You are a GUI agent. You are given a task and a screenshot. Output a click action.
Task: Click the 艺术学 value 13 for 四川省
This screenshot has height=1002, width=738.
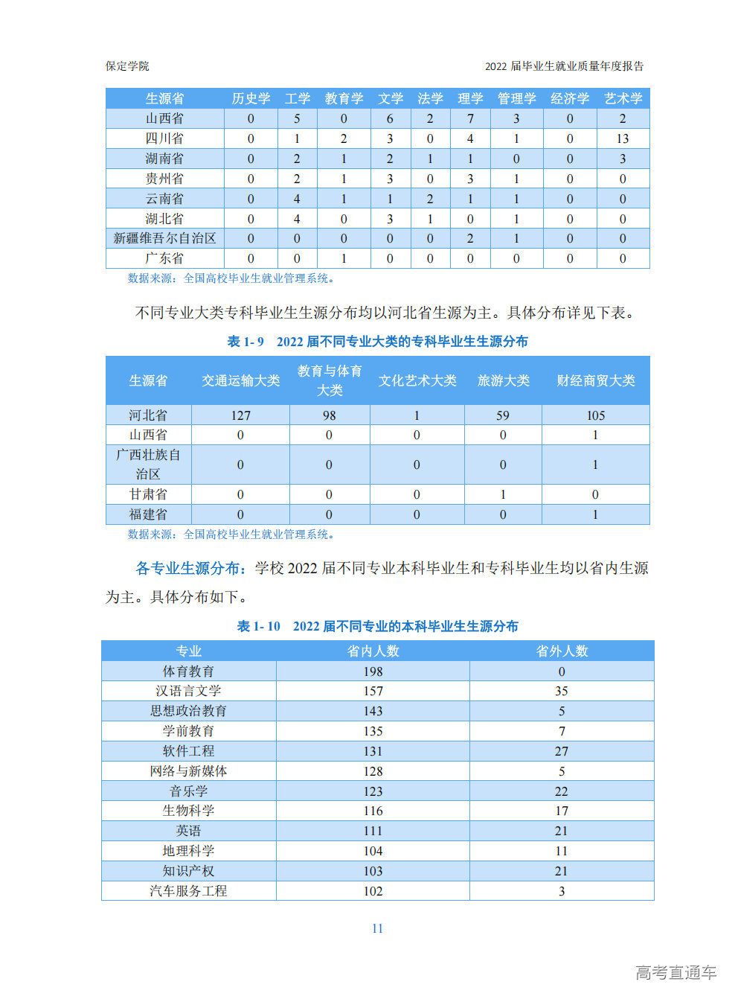(x=623, y=138)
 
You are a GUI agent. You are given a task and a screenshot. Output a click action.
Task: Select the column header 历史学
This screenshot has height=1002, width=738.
(x=251, y=98)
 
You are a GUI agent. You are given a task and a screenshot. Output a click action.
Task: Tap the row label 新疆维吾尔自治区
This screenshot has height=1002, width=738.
(x=164, y=238)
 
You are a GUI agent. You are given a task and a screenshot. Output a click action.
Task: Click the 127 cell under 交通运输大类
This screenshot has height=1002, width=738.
(x=240, y=415)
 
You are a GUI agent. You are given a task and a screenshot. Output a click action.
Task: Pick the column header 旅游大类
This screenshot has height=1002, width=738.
(x=503, y=380)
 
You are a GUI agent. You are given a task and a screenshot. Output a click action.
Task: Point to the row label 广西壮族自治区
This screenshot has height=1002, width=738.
(x=148, y=465)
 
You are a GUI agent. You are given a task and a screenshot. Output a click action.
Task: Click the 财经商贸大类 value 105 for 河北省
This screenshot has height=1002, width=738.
(x=595, y=415)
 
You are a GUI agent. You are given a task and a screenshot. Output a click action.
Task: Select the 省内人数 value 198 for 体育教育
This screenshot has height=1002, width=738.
(x=373, y=671)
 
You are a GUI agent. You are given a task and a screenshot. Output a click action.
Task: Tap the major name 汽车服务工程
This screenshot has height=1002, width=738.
(x=188, y=891)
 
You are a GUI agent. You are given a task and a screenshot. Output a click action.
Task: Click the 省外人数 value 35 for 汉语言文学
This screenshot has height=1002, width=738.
(x=562, y=692)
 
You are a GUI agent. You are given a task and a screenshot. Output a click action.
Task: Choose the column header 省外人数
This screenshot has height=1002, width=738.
(x=562, y=651)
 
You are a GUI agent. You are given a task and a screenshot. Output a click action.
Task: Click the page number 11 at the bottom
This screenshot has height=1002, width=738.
(x=377, y=928)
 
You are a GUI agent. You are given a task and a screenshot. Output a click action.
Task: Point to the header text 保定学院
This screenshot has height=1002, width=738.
(x=127, y=66)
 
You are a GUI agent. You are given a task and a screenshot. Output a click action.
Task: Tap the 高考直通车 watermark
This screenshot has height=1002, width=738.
(x=676, y=972)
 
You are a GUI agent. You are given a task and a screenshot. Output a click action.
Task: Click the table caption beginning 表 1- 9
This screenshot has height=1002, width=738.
(x=377, y=342)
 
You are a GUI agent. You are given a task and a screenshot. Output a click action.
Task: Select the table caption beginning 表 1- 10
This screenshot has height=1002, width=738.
(x=377, y=627)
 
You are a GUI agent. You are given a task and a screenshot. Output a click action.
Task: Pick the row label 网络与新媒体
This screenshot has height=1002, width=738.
(x=188, y=771)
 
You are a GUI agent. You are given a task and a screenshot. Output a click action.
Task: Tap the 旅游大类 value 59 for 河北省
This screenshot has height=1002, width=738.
(x=503, y=415)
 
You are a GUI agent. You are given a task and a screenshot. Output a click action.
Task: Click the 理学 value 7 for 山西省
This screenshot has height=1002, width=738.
(x=470, y=118)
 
